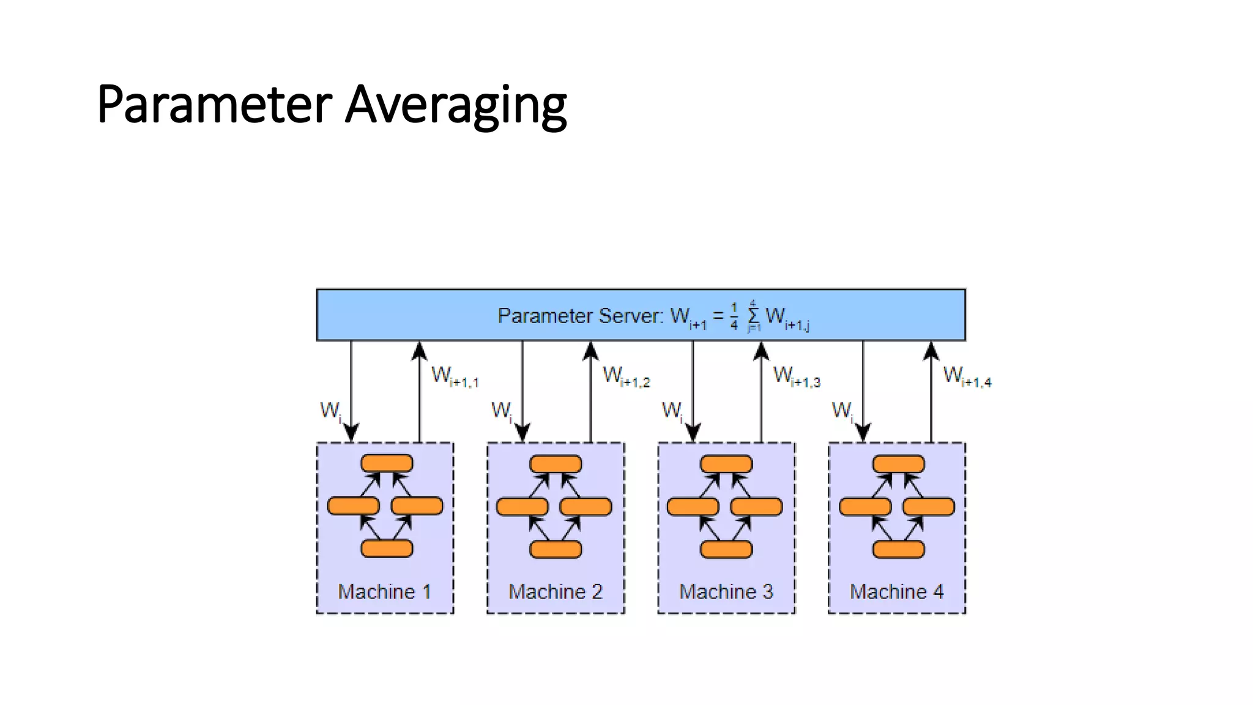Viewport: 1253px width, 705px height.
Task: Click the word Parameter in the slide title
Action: tap(214, 105)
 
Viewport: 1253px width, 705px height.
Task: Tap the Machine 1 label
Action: tap(384, 592)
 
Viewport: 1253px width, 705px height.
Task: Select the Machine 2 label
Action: tap(556, 592)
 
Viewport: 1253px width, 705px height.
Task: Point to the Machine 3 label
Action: tap(726, 592)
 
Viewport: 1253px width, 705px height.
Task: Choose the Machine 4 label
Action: tap(897, 592)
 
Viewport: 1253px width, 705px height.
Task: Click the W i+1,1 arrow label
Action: tap(455, 376)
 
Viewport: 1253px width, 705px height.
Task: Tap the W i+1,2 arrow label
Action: tap(626, 376)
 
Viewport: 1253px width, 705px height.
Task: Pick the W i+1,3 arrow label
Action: tap(797, 376)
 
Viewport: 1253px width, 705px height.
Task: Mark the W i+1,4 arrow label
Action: tap(967, 376)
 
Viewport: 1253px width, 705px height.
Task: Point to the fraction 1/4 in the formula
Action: tap(734, 316)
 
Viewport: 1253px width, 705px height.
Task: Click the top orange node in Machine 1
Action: tap(387, 463)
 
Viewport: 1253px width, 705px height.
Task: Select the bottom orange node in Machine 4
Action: tap(898, 549)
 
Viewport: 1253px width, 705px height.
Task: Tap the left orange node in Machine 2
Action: tap(522, 507)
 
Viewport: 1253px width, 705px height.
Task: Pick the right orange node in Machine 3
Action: tap(756, 507)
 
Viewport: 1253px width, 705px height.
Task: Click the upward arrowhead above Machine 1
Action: tap(419, 351)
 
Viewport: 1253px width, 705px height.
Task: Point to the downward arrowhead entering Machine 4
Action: tap(863, 432)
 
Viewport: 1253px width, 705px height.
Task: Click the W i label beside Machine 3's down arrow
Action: tap(672, 410)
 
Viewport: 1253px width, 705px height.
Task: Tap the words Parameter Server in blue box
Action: tap(579, 316)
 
